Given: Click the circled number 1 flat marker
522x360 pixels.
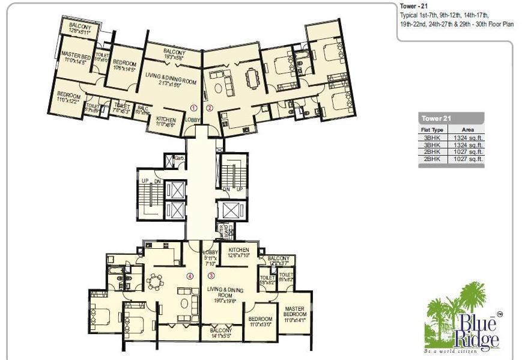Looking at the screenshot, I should (193, 108).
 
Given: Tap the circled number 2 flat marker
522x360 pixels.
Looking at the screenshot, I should (209, 108).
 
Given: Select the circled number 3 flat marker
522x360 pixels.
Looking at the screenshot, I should (211, 276).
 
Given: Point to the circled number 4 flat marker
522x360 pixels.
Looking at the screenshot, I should (190, 276).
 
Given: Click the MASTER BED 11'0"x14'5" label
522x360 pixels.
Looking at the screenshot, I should (76, 58).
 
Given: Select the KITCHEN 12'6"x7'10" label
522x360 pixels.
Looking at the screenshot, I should (239, 252).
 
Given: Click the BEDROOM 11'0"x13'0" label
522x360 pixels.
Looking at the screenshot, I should (260, 322).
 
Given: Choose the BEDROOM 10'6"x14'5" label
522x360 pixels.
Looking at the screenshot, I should (125, 66).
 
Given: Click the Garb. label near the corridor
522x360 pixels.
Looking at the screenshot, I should (178, 158).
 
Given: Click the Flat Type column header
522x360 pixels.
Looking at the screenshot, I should (432, 129).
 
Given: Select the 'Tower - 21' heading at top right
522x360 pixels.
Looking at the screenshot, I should (415, 6).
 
